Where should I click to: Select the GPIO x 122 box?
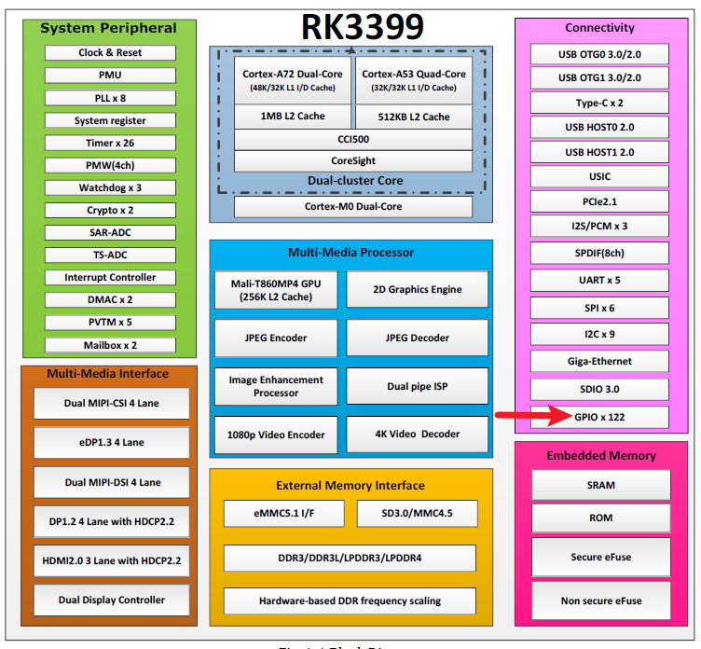point(600,417)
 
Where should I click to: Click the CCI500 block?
point(352,139)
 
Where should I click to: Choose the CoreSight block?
point(352,161)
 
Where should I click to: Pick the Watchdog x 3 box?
point(110,187)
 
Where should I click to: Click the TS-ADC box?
point(110,255)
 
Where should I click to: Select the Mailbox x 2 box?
point(110,345)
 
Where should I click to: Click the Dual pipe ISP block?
point(418,386)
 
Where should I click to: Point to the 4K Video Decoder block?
point(418,435)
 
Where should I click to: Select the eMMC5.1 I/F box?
point(284,514)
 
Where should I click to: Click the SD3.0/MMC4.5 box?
point(418,514)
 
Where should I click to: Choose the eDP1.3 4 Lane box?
point(112,443)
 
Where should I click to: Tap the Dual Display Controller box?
point(112,600)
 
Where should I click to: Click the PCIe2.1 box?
point(600,200)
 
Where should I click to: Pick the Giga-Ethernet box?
point(600,361)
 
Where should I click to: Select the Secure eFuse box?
point(600,557)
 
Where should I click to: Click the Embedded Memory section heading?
point(601,456)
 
